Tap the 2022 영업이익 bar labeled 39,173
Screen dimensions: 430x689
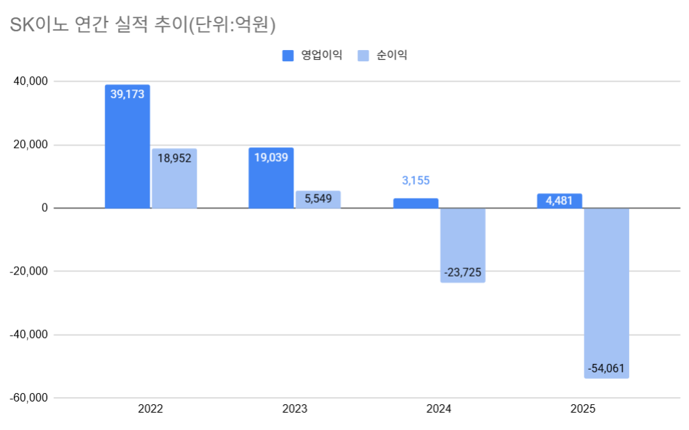[127, 147]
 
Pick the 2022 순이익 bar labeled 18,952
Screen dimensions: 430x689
[175, 179]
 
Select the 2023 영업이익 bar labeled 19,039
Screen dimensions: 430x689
[271, 178]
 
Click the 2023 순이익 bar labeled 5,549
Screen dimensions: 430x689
[318, 199]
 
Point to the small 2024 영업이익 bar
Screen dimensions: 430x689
[416, 204]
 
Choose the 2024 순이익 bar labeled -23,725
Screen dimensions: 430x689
[463, 245]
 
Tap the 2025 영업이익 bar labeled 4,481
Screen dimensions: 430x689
[560, 201]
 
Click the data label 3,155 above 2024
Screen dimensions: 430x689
[416, 181]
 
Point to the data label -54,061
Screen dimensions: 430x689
[607, 368]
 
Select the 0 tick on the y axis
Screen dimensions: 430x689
[44, 208]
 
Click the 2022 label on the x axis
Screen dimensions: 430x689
[150, 410]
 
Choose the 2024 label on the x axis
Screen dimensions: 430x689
[439, 410]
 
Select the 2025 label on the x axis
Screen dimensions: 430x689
[583, 410]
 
